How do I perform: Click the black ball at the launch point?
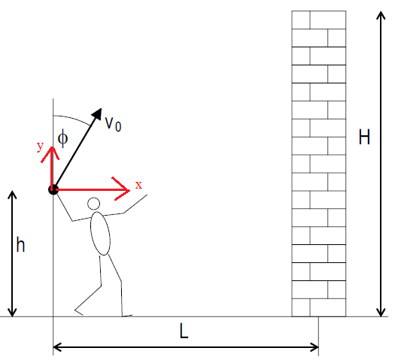click(x=53, y=189)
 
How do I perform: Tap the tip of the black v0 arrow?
click(x=102, y=108)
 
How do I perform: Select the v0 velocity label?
click(x=113, y=124)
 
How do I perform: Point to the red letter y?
click(x=40, y=147)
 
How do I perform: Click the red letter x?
click(x=138, y=185)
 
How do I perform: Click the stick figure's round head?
click(x=93, y=204)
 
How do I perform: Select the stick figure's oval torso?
click(x=101, y=234)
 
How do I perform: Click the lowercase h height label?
click(x=20, y=244)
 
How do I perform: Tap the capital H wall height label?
click(x=364, y=137)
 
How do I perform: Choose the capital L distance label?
click(x=184, y=331)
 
